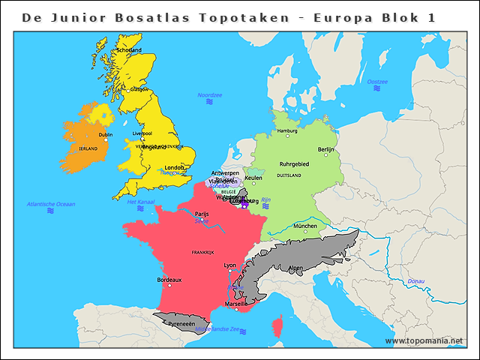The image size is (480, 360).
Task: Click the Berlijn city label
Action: click(326, 150)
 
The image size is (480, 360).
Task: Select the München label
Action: click(304, 226)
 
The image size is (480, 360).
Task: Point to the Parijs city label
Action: click(202, 214)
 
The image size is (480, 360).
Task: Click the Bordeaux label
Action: click(169, 280)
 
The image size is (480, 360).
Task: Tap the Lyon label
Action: click(230, 265)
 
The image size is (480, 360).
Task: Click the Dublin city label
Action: click(106, 135)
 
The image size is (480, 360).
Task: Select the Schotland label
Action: click(129, 50)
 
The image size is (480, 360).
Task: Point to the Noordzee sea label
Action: click(209, 95)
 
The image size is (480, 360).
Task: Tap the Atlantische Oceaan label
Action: click(51, 204)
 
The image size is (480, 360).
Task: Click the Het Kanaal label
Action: click(140, 202)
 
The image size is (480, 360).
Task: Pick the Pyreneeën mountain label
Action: click(181, 324)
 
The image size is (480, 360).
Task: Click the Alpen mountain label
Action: click(296, 268)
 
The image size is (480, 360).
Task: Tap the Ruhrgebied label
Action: click(294, 163)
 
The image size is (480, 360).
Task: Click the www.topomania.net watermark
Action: click(424, 340)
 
